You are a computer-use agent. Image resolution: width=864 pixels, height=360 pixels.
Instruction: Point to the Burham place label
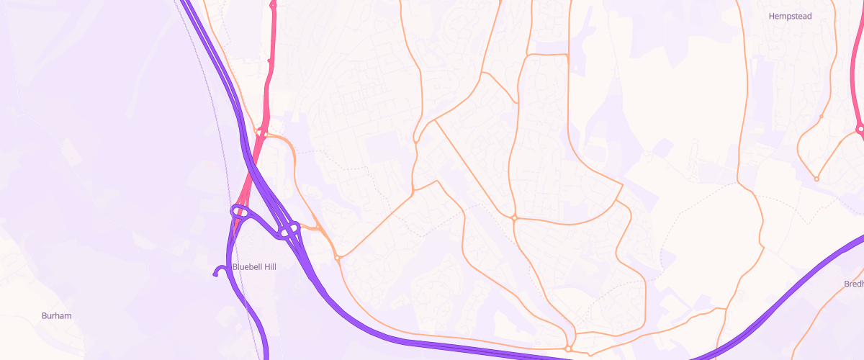click(x=56, y=315)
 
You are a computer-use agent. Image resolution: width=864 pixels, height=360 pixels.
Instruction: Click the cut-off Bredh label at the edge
click(x=853, y=284)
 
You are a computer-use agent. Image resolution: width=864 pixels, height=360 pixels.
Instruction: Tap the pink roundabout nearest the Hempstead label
click(x=860, y=130)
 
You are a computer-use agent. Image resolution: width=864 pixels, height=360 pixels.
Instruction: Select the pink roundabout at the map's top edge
click(x=273, y=6)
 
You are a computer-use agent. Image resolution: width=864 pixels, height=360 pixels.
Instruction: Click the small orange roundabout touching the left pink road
click(x=265, y=134)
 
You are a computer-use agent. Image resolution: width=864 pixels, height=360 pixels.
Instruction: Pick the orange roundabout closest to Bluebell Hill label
click(x=337, y=257)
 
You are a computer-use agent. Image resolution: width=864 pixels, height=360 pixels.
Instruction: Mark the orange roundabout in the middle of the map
click(x=515, y=217)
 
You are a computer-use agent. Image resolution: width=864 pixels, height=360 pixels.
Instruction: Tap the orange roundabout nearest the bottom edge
click(x=568, y=348)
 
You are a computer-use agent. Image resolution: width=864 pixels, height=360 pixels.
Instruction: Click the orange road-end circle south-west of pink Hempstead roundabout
click(x=816, y=179)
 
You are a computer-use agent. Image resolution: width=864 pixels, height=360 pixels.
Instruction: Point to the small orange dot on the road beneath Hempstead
click(x=822, y=116)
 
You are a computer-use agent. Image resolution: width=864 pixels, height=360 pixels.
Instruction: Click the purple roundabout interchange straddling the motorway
click(x=289, y=231)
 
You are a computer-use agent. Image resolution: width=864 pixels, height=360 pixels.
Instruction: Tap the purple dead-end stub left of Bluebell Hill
click(x=216, y=273)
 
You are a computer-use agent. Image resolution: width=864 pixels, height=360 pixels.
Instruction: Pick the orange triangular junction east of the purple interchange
click(x=317, y=228)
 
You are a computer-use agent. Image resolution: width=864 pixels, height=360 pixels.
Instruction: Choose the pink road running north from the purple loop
click(x=268, y=79)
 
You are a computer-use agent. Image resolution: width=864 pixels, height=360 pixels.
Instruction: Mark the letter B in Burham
click(x=45, y=315)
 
